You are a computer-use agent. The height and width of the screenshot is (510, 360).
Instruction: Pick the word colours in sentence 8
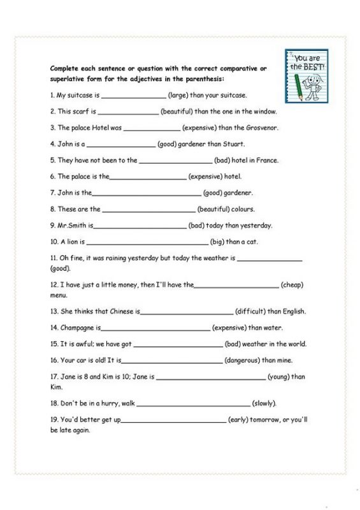click(243, 209)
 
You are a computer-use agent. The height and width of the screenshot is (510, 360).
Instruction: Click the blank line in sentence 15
click(178, 345)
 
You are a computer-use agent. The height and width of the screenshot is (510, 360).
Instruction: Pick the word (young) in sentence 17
click(280, 377)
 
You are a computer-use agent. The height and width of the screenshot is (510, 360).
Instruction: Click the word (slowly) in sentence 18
click(264, 404)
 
